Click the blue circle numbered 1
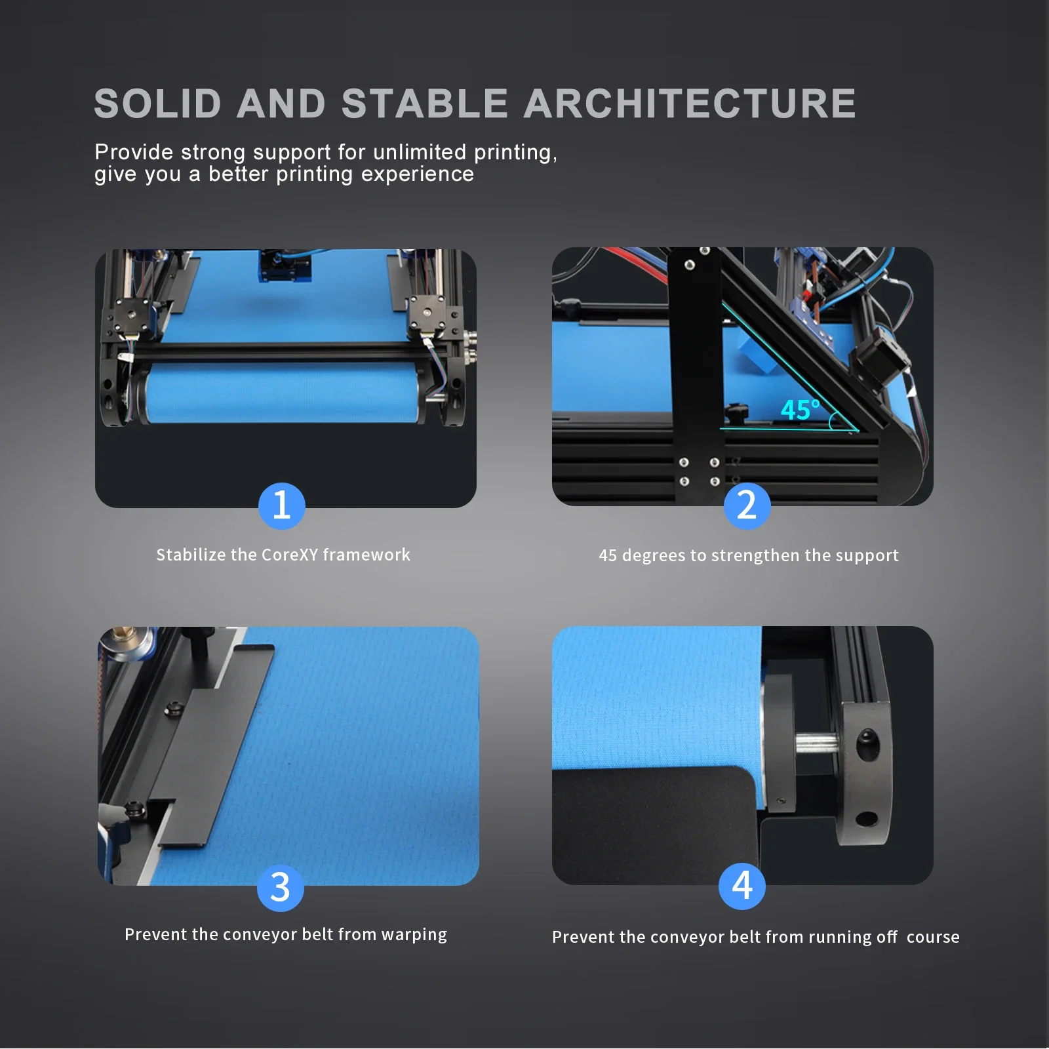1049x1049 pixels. [x=282, y=505]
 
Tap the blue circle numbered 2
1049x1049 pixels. [x=747, y=505]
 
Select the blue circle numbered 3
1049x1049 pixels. [x=281, y=888]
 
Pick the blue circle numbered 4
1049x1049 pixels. [x=742, y=886]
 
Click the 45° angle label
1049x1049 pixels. [x=800, y=410]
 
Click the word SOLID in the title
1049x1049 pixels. [x=158, y=104]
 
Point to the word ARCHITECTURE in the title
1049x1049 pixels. [x=690, y=104]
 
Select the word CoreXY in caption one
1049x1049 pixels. [x=289, y=555]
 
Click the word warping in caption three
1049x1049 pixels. [x=414, y=935]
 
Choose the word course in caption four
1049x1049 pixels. [x=933, y=937]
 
